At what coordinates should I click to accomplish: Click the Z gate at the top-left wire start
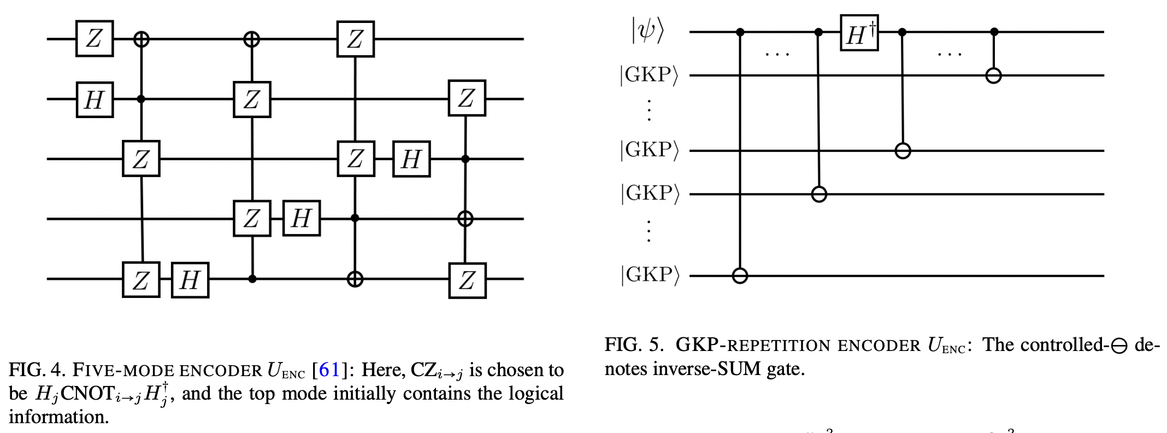pyautogui.click(x=94, y=39)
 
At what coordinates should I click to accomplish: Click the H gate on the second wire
pyautogui.click(x=94, y=100)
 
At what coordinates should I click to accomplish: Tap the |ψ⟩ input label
pyautogui.click(x=647, y=31)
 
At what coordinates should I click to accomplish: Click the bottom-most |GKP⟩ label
pyautogui.click(x=649, y=275)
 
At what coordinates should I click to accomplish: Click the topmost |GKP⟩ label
pyautogui.click(x=649, y=75)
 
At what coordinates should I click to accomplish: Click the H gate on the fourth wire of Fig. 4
pyautogui.click(x=301, y=219)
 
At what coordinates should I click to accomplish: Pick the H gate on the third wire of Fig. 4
pyautogui.click(x=411, y=159)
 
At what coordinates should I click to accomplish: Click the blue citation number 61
pyautogui.click(x=329, y=371)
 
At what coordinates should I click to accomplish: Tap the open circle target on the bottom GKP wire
pyautogui.click(x=740, y=276)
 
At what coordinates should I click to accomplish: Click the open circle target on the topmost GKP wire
pyautogui.click(x=993, y=75)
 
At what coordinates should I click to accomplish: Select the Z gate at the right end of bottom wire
pyautogui.click(x=467, y=280)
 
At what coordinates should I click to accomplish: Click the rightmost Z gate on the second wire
pyautogui.click(x=467, y=98)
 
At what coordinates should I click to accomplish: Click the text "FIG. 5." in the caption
pyautogui.click(x=634, y=345)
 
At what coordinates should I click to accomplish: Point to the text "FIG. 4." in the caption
pyautogui.click(x=37, y=371)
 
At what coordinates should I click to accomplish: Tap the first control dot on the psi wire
pyautogui.click(x=740, y=32)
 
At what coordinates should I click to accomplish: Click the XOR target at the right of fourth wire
pyautogui.click(x=465, y=219)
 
